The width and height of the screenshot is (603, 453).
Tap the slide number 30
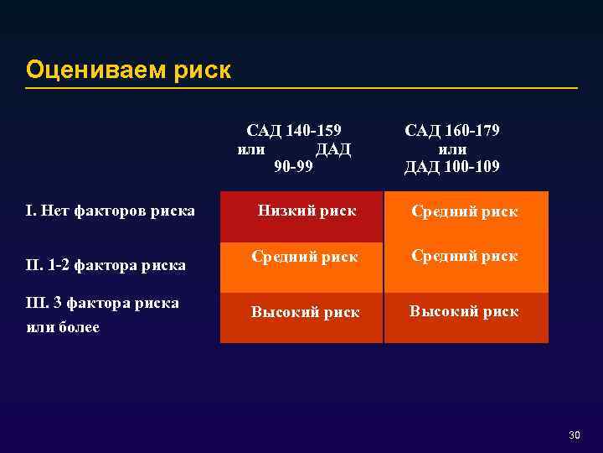pyautogui.click(x=574, y=435)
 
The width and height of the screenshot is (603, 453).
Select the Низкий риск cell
pyautogui.click(x=306, y=211)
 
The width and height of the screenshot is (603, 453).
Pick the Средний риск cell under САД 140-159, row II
pyautogui.click(x=305, y=256)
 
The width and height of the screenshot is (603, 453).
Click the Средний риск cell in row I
pyautogui.click(x=464, y=211)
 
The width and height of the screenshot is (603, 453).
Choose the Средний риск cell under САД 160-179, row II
pyautogui.click(x=464, y=256)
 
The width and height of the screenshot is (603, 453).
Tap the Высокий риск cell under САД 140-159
pyautogui.click(x=305, y=312)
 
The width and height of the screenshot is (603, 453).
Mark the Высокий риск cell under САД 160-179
pyautogui.click(x=464, y=311)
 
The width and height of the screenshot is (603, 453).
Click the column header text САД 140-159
pyautogui.click(x=295, y=131)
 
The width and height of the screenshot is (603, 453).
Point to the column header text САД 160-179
pyautogui.click(x=452, y=131)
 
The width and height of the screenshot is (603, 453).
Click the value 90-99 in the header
pyautogui.click(x=295, y=166)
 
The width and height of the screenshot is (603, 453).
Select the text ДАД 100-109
pyautogui.click(x=452, y=166)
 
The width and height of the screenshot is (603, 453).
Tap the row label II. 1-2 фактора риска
pyautogui.click(x=106, y=266)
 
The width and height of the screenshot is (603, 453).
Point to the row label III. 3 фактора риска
pyautogui.click(x=103, y=303)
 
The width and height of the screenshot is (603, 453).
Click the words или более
pyautogui.click(x=63, y=326)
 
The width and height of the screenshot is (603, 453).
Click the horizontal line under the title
pyautogui.click(x=301, y=88)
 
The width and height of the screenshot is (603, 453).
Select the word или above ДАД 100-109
pyautogui.click(x=452, y=148)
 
